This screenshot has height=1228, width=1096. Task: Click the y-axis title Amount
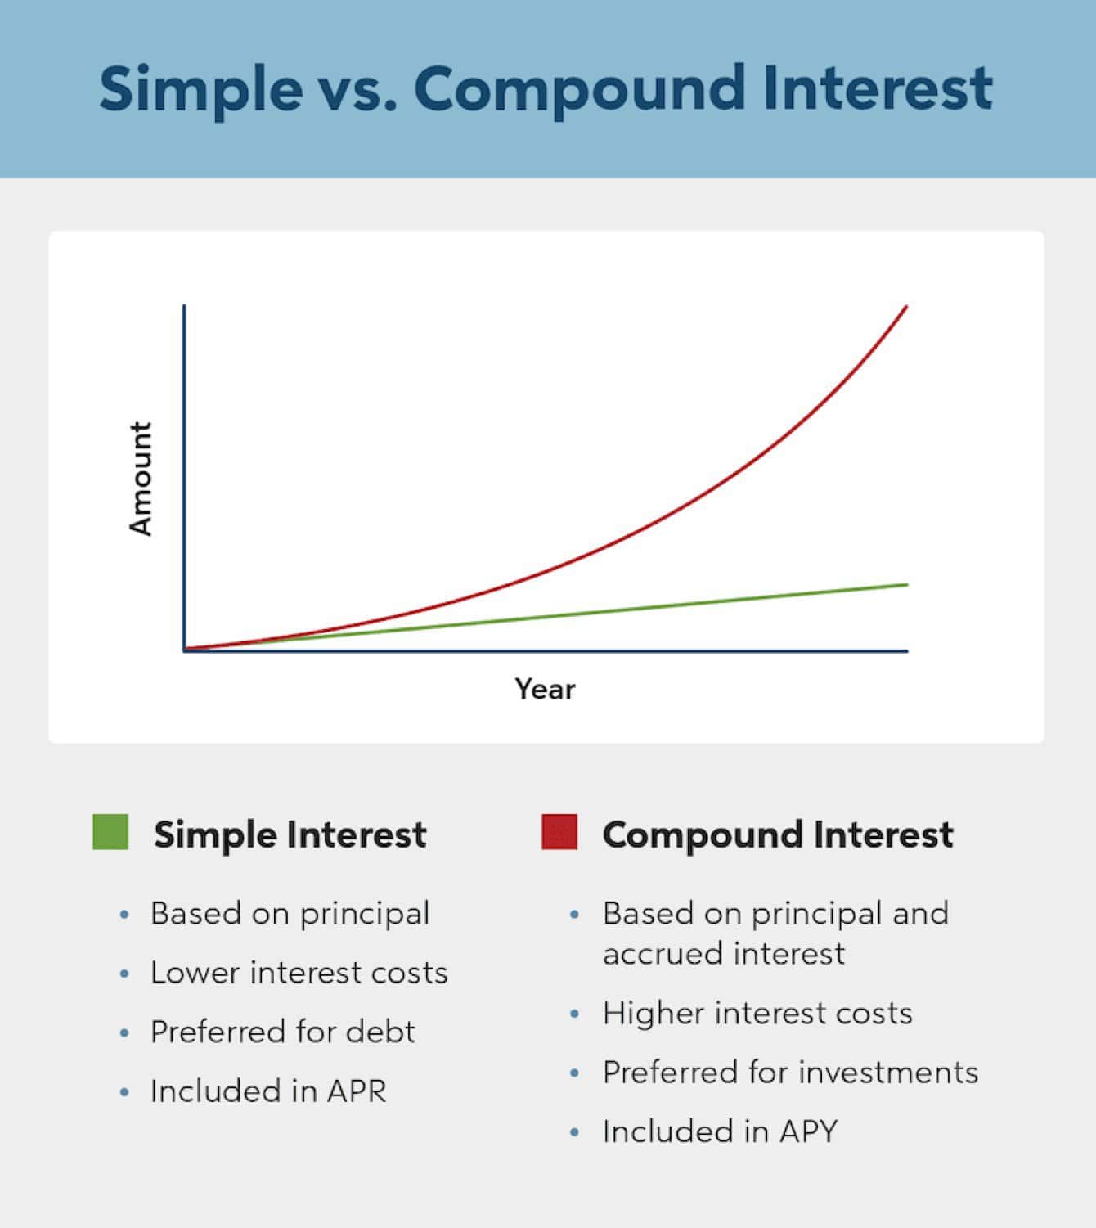coord(141,479)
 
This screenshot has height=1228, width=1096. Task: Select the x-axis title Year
coord(545,689)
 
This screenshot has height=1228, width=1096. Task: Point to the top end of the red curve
coord(905,307)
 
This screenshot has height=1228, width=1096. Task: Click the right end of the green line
coord(906,584)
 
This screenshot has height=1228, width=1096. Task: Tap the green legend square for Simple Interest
coord(110,832)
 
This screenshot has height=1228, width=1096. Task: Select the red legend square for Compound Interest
coord(559,832)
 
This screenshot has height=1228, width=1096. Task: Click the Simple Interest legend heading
coord(290,834)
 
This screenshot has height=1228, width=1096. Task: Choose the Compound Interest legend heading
coord(777,834)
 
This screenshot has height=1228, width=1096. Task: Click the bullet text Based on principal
coord(290,914)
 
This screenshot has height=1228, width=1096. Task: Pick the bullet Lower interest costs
coord(299,973)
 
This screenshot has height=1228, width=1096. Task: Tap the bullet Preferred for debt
coord(282,1032)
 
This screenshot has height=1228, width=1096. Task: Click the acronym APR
coord(357,1091)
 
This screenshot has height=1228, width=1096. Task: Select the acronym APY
coord(809,1131)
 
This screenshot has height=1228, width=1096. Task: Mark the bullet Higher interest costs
coord(757,1014)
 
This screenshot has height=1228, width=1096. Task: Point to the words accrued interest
coord(724,954)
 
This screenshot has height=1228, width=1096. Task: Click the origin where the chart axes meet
coord(185,650)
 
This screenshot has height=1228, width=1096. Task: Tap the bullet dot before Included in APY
coord(575,1133)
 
